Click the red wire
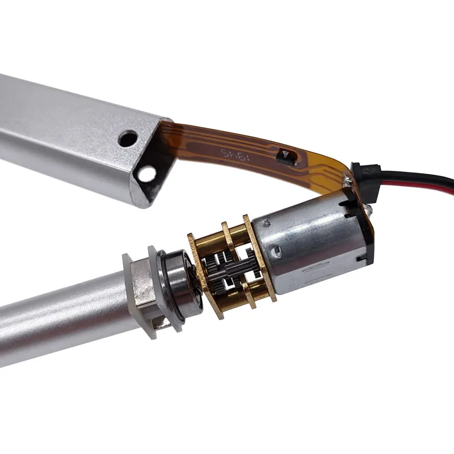420,187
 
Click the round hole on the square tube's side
128,138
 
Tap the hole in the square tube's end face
148,174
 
